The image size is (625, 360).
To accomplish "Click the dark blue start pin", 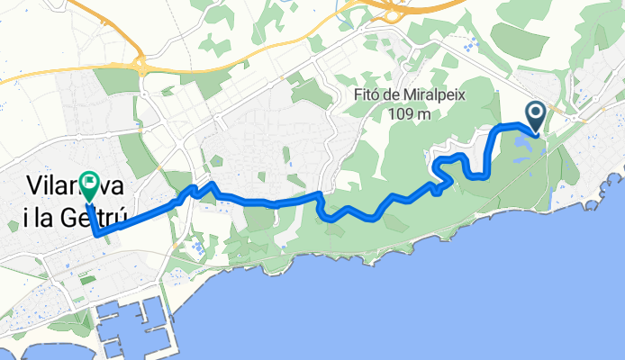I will [535, 116].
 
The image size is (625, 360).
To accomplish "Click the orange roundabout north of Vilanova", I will [141, 64].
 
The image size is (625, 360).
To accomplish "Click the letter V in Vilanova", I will [34, 185].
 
